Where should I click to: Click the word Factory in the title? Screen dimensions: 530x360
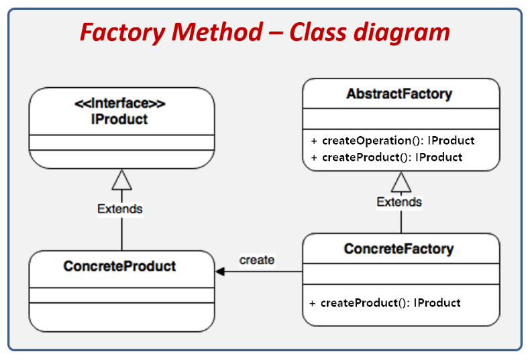tap(123, 33)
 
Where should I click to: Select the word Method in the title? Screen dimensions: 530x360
tap(217, 32)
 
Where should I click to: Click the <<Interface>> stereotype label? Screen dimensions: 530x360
tap(120, 103)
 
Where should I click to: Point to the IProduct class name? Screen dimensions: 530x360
tap(119, 119)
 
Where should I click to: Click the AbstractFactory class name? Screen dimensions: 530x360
tap(399, 95)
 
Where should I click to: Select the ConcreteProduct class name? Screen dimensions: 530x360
tap(119, 266)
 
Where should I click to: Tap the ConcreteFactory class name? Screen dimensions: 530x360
tap(399, 249)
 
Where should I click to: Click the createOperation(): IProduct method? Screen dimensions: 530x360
tap(392, 141)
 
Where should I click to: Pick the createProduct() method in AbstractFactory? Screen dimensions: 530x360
tap(386, 158)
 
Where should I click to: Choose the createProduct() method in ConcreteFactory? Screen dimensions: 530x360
tap(385, 303)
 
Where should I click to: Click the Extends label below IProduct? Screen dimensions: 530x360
tap(120, 209)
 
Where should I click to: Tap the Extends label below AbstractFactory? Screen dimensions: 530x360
tap(399, 202)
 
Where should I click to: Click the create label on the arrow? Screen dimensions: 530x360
tap(257, 260)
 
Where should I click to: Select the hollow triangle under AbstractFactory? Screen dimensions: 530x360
tap(401, 182)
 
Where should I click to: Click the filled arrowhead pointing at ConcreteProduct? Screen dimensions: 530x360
tap(220, 272)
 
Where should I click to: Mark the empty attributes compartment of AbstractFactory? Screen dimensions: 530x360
tap(401, 119)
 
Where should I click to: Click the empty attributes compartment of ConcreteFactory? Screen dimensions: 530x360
tap(401, 274)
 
